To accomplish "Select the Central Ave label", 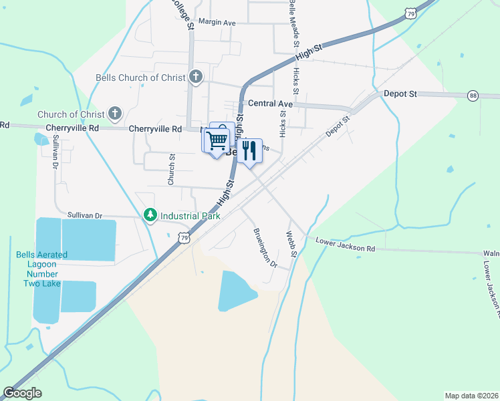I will pos(270,104).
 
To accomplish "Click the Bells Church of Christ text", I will pos(140,78).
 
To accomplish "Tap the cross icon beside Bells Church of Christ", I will pos(195,77).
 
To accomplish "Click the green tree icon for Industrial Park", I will pos(151,215).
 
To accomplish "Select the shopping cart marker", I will pos(216,141).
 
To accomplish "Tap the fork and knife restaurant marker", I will pos(249,150).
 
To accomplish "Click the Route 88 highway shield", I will pos(473,95).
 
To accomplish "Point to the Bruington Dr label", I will pos(265,248).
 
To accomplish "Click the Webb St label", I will pos(291,245).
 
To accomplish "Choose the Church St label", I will pos(171,170).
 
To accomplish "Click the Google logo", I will pos(22,393).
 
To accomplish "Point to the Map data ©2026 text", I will pos(471,396).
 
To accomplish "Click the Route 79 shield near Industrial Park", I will pos(184,237).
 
